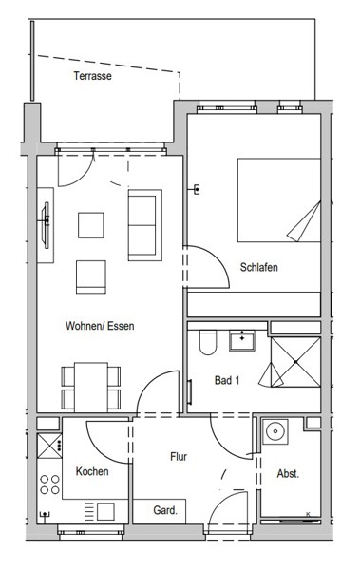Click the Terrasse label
tap(92, 76)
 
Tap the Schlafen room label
tap(259, 268)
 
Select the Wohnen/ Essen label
tap(100, 326)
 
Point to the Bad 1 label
tap(227, 381)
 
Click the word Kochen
tap(92, 471)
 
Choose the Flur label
tap(179, 457)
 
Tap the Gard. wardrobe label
tap(165, 510)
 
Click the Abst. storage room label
tap(288, 474)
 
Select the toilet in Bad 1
tap(208, 342)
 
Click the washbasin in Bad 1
tap(242, 341)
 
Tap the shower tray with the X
tap(295, 362)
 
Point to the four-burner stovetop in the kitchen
tap(49, 484)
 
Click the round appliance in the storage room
tap(275, 431)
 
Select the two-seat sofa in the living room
tap(144, 225)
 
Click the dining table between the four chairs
tap(91, 387)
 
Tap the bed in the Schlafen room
tap(279, 199)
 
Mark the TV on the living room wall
tap(46, 225)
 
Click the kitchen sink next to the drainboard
tap(105, 511)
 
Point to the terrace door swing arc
tap(82, 178)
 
